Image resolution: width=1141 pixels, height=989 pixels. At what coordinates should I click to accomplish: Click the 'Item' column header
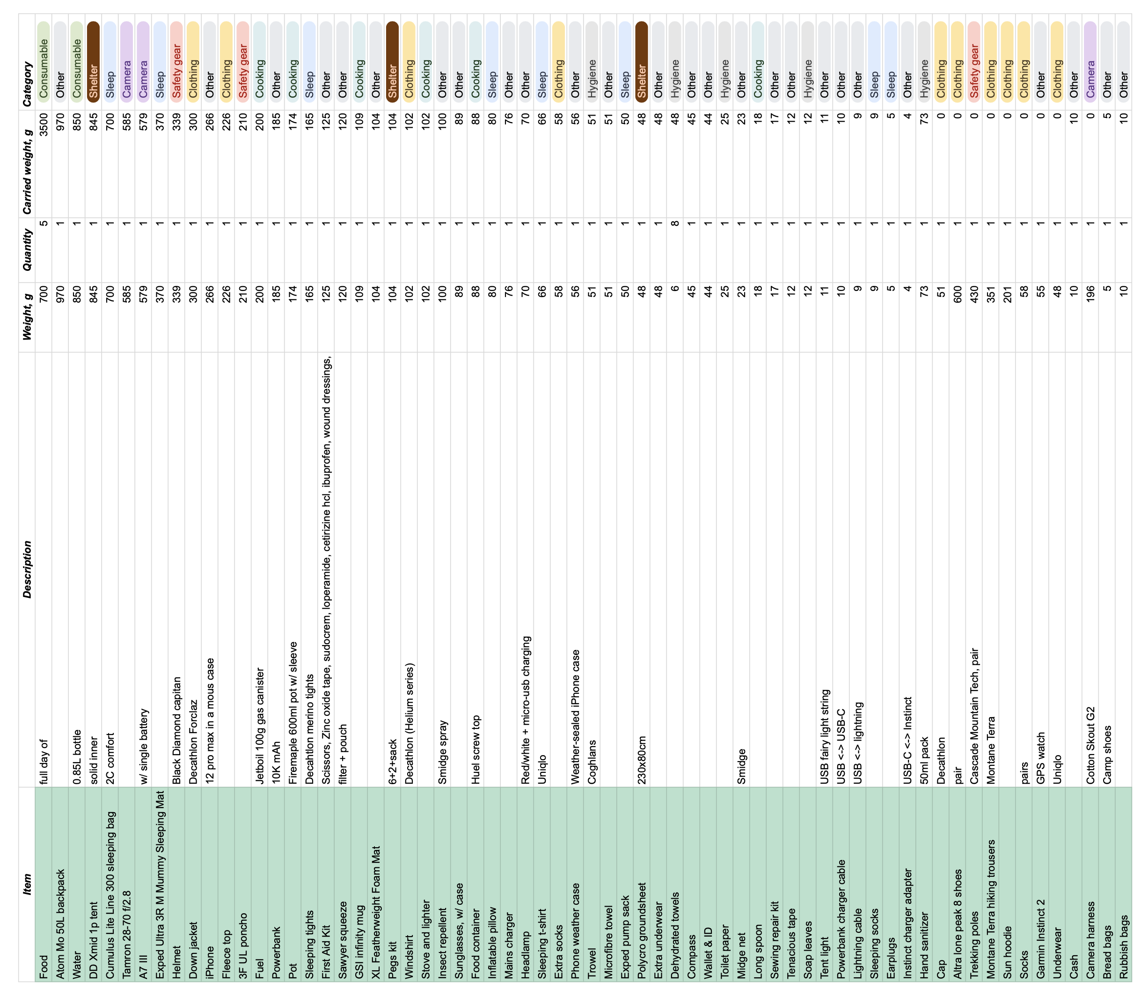tap(27, 884)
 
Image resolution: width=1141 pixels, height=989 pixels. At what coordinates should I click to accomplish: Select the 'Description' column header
tap(27, 569)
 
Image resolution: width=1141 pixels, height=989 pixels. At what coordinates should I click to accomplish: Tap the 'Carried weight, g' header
tap(27, 163)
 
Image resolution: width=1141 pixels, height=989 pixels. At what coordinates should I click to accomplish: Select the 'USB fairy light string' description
tap(825, 736)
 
